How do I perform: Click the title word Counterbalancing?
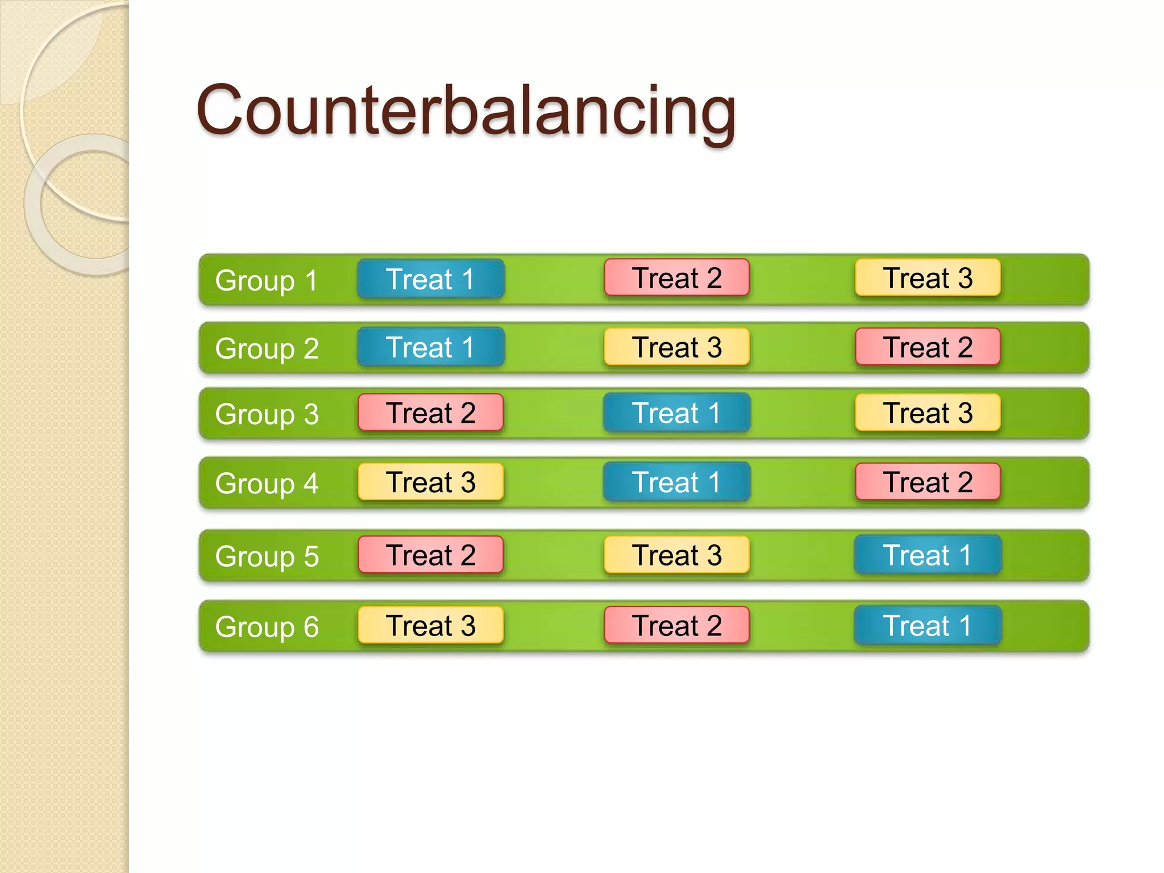click(466, 111)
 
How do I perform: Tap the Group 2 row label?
click(267, 348)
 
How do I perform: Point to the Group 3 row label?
click(267, 414)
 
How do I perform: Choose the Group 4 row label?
click(267, 483)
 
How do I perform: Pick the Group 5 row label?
click(267, 556)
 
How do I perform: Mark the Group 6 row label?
click(267, 627)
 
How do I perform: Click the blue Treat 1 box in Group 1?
click(431, 278)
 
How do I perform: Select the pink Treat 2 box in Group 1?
click(676, 277)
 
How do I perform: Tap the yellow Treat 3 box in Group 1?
click(928, 277)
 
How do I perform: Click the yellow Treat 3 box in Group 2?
click(676, 347)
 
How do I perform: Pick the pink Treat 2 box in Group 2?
click(928, 347)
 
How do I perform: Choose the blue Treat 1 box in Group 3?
click(676, 413)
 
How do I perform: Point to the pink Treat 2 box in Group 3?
click(431, 413)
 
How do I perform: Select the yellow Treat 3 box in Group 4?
click(431, 482)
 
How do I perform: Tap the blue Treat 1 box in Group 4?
click(676, 482)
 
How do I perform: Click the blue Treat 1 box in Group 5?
click(928, 555)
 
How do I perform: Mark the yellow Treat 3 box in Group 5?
click(676, 555)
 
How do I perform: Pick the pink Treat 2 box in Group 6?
click(676, 625)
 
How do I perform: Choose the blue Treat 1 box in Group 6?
click(928, 625)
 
